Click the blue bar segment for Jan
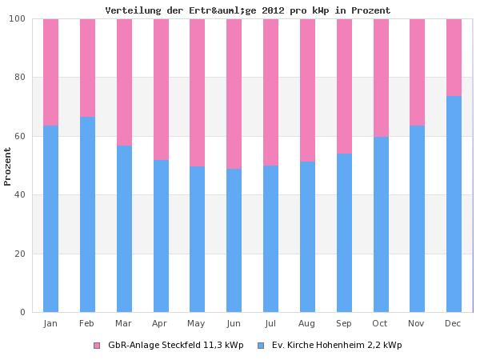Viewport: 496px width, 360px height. tap(50, 218)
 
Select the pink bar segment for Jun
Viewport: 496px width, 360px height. tap(234, 94)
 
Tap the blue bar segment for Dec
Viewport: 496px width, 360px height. tap(454, 203)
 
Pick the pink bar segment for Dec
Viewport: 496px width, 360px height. tap(454, 57)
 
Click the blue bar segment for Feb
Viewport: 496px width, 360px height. tap(87, 214)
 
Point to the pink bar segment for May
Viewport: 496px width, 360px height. tap(197, 92)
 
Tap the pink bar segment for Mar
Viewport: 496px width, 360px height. tap(124, 82)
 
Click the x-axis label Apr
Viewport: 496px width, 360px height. tap(160, 323)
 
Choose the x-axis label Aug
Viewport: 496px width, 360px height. tap(307, 323)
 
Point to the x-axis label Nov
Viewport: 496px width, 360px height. tap(417, 323)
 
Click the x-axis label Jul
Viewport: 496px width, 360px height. tap(270, 323)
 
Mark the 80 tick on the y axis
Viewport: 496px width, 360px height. tap(21, 78)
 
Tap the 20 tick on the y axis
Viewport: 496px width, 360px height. tap(21, 254)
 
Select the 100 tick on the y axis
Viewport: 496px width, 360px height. tap(18, 19)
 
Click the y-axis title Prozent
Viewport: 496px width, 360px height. tap(8, 166)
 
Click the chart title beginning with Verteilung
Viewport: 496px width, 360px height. tap(248, 10)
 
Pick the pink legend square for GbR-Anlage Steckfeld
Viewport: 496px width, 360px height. tap(97, 346)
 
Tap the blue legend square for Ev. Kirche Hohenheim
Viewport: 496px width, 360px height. tap(261, 346)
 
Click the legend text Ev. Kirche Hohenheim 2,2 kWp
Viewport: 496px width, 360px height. tap(337, 346)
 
